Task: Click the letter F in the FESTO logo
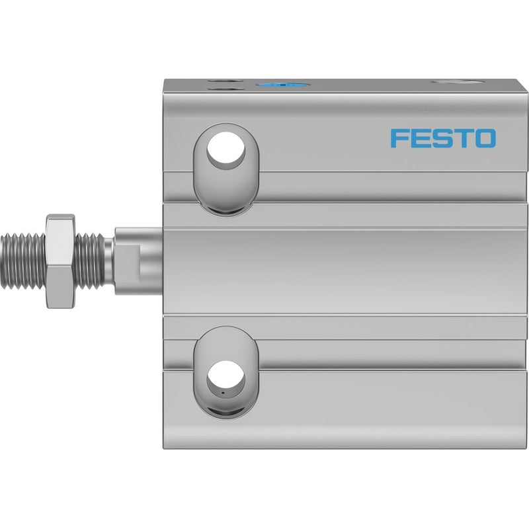coord(399,138)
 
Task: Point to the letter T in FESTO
coord(463,138)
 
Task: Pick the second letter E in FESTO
coord(420,138)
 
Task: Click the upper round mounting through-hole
coord(225,147)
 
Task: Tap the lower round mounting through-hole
coord(225,376)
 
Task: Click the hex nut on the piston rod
coord(61,261)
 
